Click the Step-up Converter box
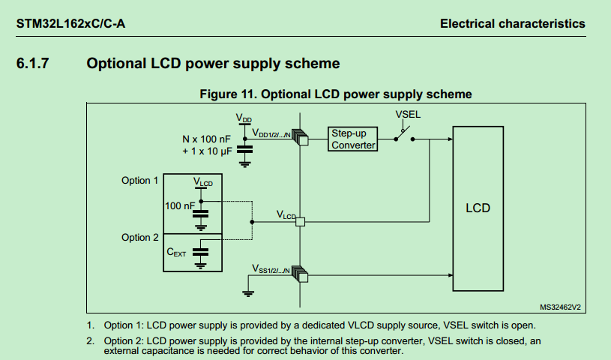click(x=352, y=139)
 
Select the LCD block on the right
click(x=478, y=208)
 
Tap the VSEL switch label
click(x=408, y=114)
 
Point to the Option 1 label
click(x=139, y=180)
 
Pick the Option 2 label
click(x=140, y=237)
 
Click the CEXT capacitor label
click(x=176, y=252)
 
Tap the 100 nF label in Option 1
click(x=179, y=205)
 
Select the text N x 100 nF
click(x=206, y=139)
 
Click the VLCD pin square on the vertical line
click(x=300, y=222)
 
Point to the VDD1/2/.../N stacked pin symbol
click(x=300, y=137)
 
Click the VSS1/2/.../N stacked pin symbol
click(x=300, y=274)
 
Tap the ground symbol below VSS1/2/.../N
click(x=248, y=293)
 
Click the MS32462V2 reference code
click(x=560, y=307)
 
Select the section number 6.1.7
click(x=32, y=63)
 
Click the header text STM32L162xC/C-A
click(x=70, y=24)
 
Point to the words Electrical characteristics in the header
click(x=512, y=24)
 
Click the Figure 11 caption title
click(x=336, y=94)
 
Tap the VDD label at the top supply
click(x=244, y=118)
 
